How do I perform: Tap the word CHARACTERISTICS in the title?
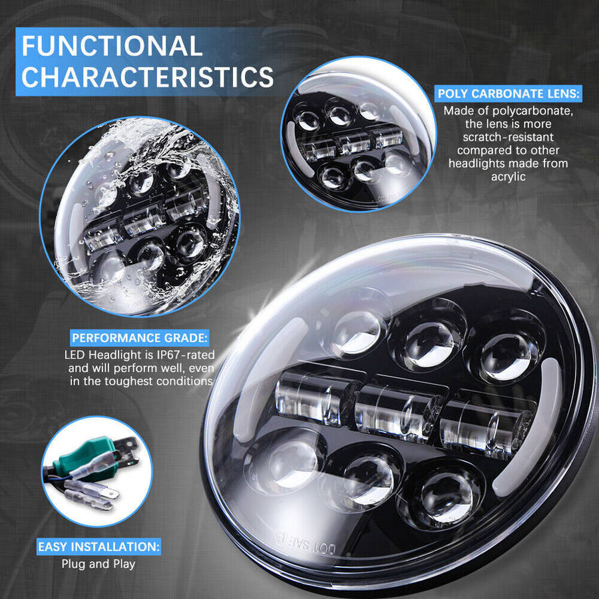tap(148, 77)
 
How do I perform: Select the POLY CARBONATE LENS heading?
tap(508, 94)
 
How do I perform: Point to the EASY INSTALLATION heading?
tap(99, 547)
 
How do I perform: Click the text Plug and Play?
tap(99, 564)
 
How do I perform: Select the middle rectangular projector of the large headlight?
tap(398, 410)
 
